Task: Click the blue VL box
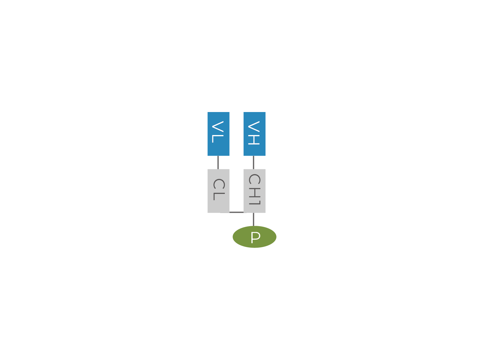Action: (218, 134)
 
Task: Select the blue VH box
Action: (254, 134)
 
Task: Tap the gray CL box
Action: (218, 191)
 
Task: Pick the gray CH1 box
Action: (254, 191)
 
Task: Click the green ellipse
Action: (254, 237)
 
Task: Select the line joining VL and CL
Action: (218, 163)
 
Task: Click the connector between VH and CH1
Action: (254, 163)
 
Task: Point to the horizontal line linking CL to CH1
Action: (236, 212)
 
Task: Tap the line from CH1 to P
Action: (254, 219)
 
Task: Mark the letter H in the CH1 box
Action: (254, 192)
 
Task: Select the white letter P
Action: (255, 238)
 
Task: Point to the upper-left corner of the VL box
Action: (208, 112)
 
